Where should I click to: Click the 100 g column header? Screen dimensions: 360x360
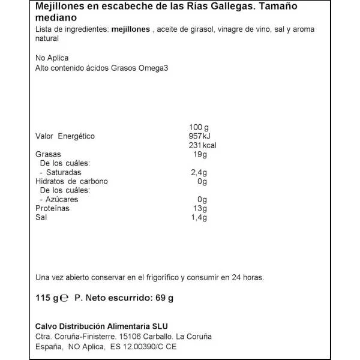[x=198, y=127]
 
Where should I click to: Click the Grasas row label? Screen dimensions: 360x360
[x=49, y=154]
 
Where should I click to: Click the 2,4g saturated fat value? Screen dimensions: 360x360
[x=197, y=172]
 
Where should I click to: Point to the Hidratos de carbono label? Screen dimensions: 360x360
[x=71, y=181]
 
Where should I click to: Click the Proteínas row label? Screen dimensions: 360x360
[x=53, y=208]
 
